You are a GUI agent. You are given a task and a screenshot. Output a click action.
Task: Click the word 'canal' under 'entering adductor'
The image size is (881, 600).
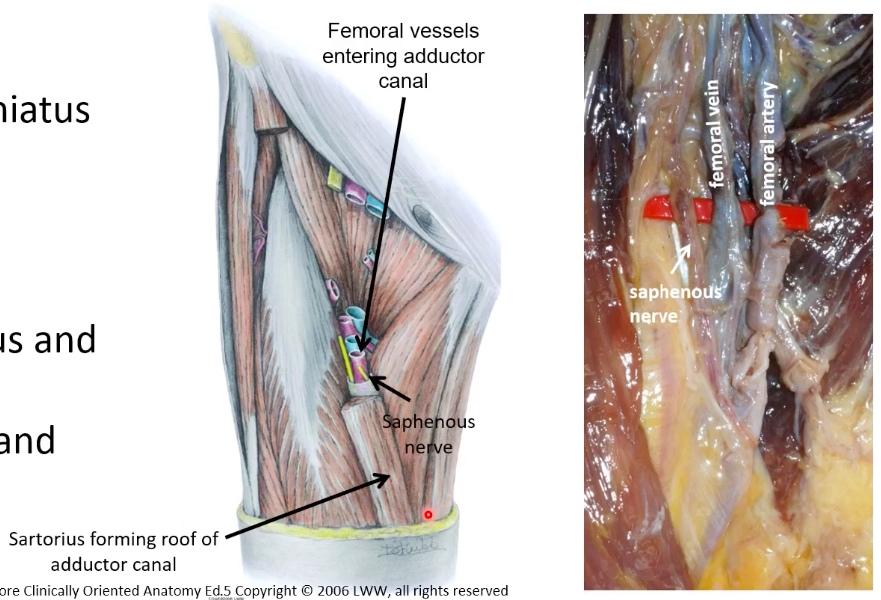(403, 79)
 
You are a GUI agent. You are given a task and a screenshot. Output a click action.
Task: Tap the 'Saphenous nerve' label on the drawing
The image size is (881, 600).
(429, 434)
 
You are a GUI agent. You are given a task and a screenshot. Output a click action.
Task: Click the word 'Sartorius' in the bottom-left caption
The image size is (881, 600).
(48, 540)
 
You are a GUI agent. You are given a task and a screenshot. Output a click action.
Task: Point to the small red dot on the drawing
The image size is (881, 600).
(428, 515)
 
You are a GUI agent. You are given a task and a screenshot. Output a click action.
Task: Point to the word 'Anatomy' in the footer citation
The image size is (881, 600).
(162, 590)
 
